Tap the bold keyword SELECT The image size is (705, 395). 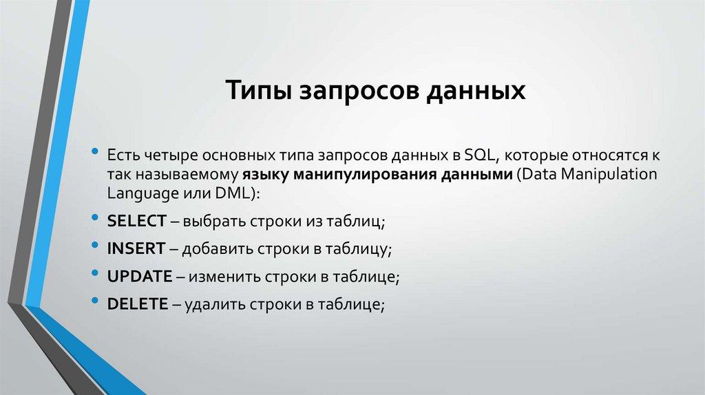tap(137, 221)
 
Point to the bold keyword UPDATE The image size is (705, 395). tap(140, 276)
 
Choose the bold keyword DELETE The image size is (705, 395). tap(138, 303)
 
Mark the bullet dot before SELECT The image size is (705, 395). tap(95, 218)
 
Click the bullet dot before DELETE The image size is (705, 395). tap(95, 301)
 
